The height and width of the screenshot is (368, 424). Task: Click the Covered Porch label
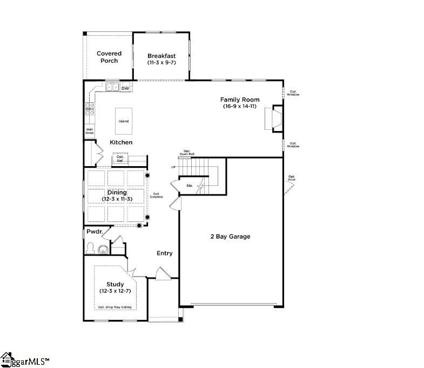point(109,57)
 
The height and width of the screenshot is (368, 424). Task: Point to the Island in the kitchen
point(124,121)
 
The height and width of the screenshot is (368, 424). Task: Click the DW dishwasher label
point(125,88)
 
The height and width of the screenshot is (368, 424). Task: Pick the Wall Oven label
point(89,131)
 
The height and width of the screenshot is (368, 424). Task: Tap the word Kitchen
point(121,142)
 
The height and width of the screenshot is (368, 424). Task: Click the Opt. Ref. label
point(120,159)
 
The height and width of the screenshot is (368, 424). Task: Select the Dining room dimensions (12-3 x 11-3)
point(117,199)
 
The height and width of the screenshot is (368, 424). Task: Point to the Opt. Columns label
point(157,195)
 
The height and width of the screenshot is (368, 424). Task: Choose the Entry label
point(164,253)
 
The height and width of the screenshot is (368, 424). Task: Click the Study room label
point(115,284)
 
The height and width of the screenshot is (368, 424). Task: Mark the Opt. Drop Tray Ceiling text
point(115,307)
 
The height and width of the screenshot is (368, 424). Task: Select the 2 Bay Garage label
point(230,236)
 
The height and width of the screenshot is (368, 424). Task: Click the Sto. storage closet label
point(190,186)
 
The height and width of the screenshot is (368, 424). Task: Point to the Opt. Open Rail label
point(187,153)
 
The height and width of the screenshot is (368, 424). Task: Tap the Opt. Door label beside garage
point(292,178)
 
